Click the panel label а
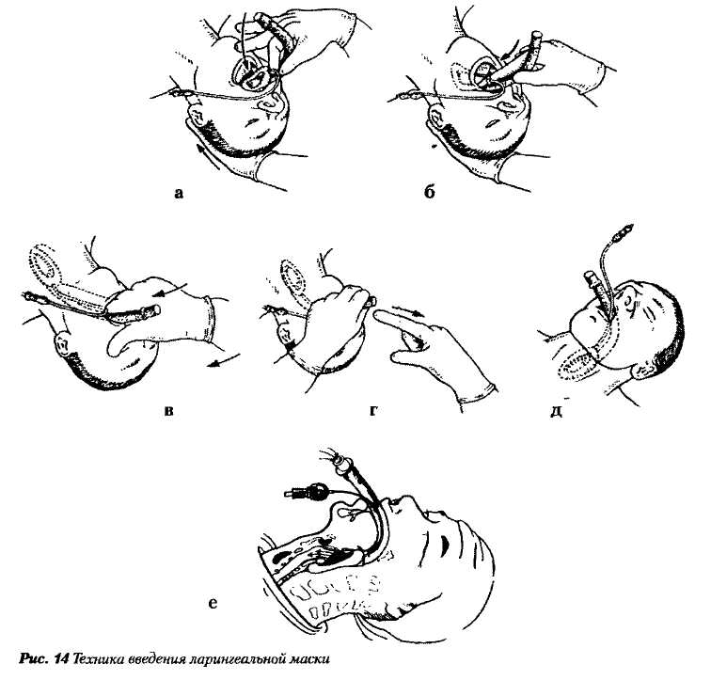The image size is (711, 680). click(x=179, y=194)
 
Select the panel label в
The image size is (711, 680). click(x=168, y=411)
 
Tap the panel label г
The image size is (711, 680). click(x=374, y=411)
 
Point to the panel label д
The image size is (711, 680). click(x=557, y=411)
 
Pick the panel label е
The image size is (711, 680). click(x=213, y=604)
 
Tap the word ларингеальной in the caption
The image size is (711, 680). click(x=236, y=658)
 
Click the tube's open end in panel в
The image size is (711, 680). click(x=156, y=310)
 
